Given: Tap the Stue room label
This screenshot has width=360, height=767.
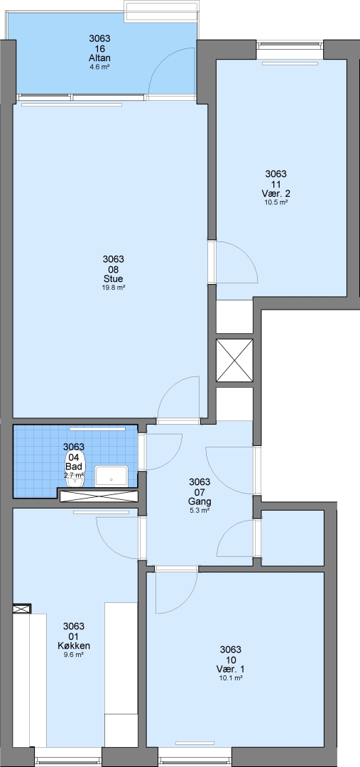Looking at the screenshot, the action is click(x=113, y=279).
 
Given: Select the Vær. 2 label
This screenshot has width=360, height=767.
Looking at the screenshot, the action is click(x=276, y=193).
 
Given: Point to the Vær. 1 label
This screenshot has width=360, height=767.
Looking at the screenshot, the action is click(x=230, y=669).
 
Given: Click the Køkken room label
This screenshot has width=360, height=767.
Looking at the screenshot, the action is click(x=74, y=646).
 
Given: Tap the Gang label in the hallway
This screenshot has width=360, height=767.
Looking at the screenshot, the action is click(x=200, y=501).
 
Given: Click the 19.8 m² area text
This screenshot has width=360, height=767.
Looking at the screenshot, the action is click(x=113, y=288).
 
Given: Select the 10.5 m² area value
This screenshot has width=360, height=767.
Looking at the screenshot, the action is click(x=276, y=202).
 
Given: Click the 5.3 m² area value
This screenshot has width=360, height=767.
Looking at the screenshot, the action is click(x=200, y=510).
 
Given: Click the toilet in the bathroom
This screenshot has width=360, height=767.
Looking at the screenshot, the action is click(x=78, y=475).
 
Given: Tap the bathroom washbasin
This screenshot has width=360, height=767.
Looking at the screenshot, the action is click(x=111, y=475).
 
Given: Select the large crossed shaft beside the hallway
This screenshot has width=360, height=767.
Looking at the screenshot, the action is click(x=235, y=361).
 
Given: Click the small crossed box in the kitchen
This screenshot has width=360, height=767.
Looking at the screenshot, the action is click(x=22, y=609).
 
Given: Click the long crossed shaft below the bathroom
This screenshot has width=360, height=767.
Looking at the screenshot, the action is click(x=98, y=495).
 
